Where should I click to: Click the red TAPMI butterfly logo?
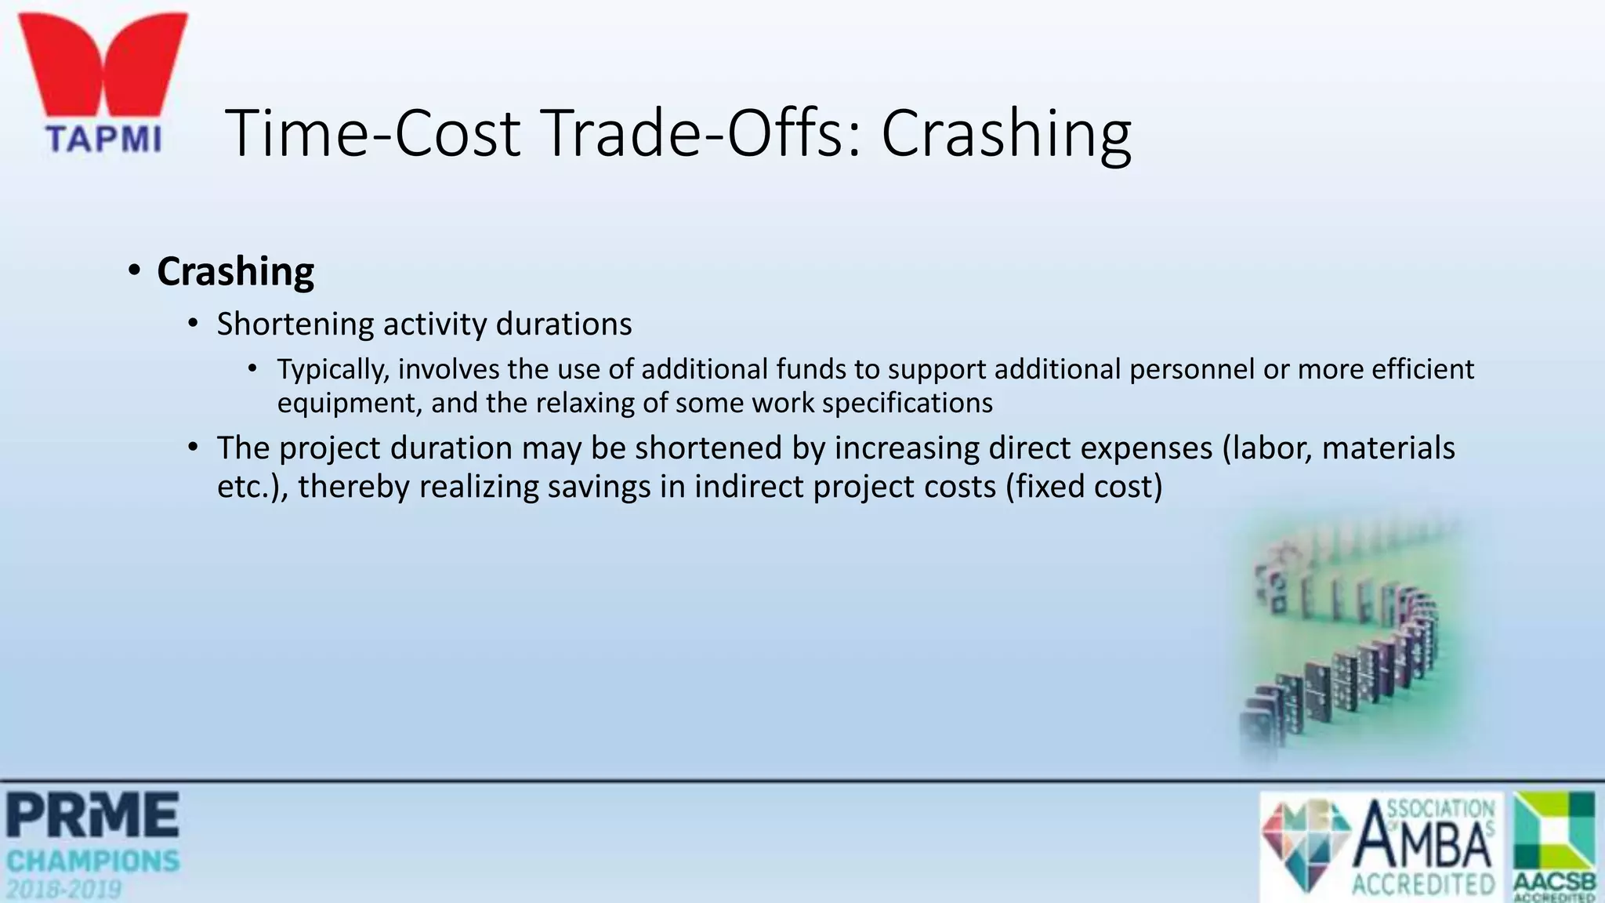point(103,67)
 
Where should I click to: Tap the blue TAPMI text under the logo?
point(103,140)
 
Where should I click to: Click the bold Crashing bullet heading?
point(235,271)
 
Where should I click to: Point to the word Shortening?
point(295,325)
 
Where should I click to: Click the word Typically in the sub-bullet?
point(333,369)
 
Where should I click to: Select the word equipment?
point(349,403)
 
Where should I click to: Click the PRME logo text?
point(92,815)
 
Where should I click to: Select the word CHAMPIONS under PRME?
point(92,861)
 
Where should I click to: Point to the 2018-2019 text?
point(64,890)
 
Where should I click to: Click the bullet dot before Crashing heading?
point(135,271)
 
